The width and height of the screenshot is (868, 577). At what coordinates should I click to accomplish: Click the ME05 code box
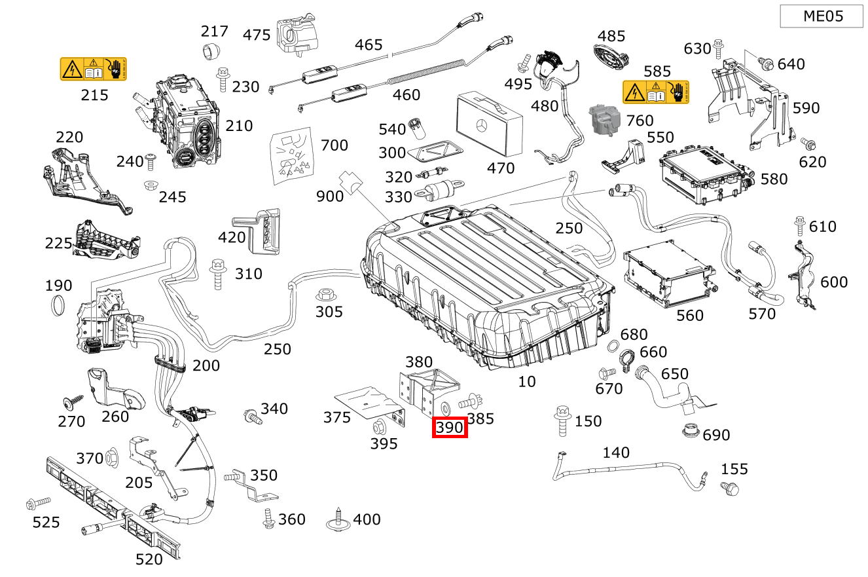[x=822, y=16]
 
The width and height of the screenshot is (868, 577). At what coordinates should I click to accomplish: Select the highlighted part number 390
[x=450, y=428]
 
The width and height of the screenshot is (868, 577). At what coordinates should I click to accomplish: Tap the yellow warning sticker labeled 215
[x=93, y=69]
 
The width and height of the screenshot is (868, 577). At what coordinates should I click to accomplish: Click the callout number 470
[x=501, y=168]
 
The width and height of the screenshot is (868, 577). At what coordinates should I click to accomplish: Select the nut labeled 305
[x=323, y=295]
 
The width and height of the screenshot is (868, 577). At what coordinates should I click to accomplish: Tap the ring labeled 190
[x=59, y=305]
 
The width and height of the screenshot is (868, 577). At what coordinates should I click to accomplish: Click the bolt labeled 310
[x=217, y=273]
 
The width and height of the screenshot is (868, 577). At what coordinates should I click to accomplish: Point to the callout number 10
[x=526, y=381]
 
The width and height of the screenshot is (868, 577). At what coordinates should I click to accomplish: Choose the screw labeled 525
[x=37, y=504]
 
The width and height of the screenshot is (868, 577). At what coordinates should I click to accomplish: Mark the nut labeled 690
[x=690, y=432]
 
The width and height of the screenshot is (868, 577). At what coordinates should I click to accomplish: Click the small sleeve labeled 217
[x=211, y=50]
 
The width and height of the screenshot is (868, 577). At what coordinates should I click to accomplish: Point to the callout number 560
[x=689, y=316]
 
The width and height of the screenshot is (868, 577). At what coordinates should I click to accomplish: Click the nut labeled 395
[x=378, y=427]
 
